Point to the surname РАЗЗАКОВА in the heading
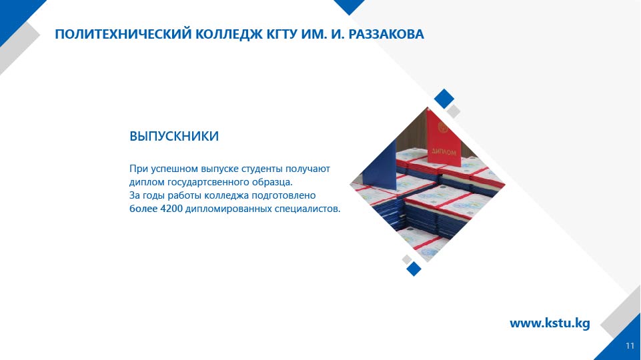point(386,34)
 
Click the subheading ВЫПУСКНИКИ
point(174,136)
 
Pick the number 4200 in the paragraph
point(171,209)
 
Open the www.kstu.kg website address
point(550,323)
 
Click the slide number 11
point(630,346)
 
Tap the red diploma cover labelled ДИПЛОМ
point(444,139)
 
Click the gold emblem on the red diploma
point(442,128)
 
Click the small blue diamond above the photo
point(444,99)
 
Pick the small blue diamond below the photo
point(414,269)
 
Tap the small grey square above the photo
point(453,111)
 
